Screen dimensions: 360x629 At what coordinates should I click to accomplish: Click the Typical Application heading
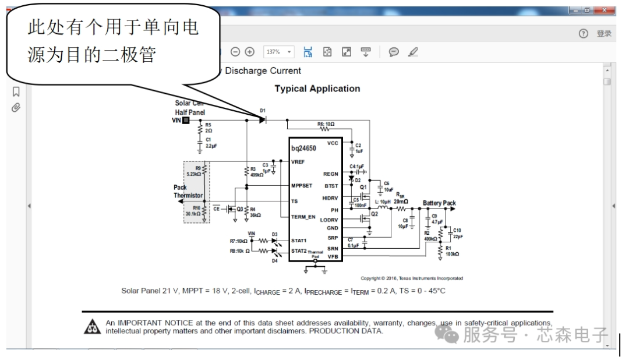pos(317,89)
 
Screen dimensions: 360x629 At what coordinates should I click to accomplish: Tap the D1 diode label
pos(263,110)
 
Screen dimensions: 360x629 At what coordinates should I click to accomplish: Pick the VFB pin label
pos(332,256)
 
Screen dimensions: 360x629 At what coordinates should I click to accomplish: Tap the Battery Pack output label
pos(439,203)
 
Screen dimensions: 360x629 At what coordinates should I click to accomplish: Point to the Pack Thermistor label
pos(188,192)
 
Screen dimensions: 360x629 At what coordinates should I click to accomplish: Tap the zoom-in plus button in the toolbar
pos(250,52)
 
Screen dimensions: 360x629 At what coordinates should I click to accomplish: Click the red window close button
pos(607,10)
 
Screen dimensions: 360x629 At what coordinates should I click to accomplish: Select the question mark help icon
pos(583,34)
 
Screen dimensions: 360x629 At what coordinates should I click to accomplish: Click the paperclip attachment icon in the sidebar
pos(16,108)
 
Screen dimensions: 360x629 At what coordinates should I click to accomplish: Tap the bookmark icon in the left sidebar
pos(16,91)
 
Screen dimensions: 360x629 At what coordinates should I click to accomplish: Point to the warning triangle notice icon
pos(93,327)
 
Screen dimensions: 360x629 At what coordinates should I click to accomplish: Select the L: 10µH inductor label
pos(385,201)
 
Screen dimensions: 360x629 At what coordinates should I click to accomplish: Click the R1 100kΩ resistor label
pos(452,251)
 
